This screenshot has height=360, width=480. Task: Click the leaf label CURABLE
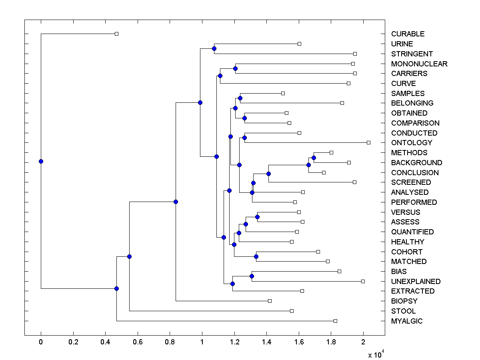click(x=408, y=34)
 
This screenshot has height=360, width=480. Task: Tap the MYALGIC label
click(x=407, y=321)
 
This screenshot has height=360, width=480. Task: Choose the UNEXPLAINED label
click(x=416, y=282)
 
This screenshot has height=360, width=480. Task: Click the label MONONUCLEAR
click(x=419, y=64)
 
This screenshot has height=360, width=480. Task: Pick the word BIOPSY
click(x=404, y=301)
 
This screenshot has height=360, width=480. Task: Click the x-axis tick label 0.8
click(x=170, y=342)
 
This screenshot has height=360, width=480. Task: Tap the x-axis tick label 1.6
click(x=299, y=342)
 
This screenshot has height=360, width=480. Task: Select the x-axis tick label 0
click(x=41, y=342)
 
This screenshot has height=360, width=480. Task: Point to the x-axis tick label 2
click(x=363, y=342)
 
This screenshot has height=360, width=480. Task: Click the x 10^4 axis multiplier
click(x=376, y=354)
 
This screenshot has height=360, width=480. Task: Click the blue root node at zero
click(x=41, y=161)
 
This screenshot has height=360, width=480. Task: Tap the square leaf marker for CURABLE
click(x=116, y=34)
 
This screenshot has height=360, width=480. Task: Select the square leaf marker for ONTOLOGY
click(x=368, y=142)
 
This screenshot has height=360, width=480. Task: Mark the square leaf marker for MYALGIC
click(x=335, y=321)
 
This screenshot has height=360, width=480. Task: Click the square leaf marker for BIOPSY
click(x=270, y=301)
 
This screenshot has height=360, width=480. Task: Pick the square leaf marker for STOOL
click(x=292, y=311)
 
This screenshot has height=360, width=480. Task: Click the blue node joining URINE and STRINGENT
click(x=214, y=48)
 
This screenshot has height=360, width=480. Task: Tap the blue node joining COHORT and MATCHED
click(x=256, y=256)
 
